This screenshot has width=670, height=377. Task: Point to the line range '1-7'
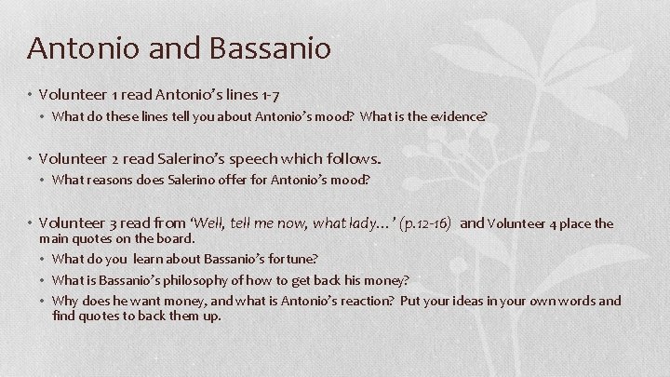point(270,95)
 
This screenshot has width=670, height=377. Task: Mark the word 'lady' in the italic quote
point(347,223)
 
